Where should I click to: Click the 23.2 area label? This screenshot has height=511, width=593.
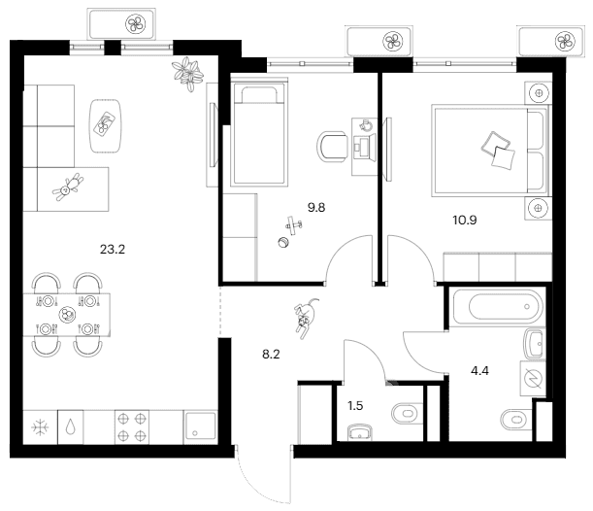click(x=113, y=250)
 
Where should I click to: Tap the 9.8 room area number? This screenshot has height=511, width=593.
click(x=316, y=208)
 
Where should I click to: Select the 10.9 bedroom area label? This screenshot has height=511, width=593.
click(x=465, y=220)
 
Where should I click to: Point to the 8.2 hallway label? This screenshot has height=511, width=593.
click(x=271, y=355)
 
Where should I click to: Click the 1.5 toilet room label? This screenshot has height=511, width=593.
click(x=355, y=406)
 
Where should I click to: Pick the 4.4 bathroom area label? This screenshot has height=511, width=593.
click(x=479, y=371)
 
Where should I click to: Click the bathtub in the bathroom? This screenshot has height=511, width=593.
click(x=499, y=306)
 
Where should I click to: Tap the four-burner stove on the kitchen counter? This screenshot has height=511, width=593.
click(x=132, y=427)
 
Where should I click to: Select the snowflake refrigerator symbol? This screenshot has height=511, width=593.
click(x=40, y=427)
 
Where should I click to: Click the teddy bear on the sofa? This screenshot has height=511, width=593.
click(x=68, y=187)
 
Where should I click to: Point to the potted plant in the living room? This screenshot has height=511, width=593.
click(x=187, y=74)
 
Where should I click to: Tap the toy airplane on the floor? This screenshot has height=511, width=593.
click(x=294, y=225)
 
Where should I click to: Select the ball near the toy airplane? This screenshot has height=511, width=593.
click(x=282, y=242)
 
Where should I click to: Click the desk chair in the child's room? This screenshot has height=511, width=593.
click(x=332, y=147)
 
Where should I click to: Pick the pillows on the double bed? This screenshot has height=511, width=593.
click(x=498, y=151)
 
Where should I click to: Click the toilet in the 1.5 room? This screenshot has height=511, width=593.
click(x=407, y=413)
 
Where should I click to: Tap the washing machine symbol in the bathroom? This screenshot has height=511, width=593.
click(x=533, y=379)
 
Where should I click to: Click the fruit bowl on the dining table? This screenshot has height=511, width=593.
click(x=67, y=315)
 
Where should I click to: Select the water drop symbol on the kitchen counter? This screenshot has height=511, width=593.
click(x=70, y=427)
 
